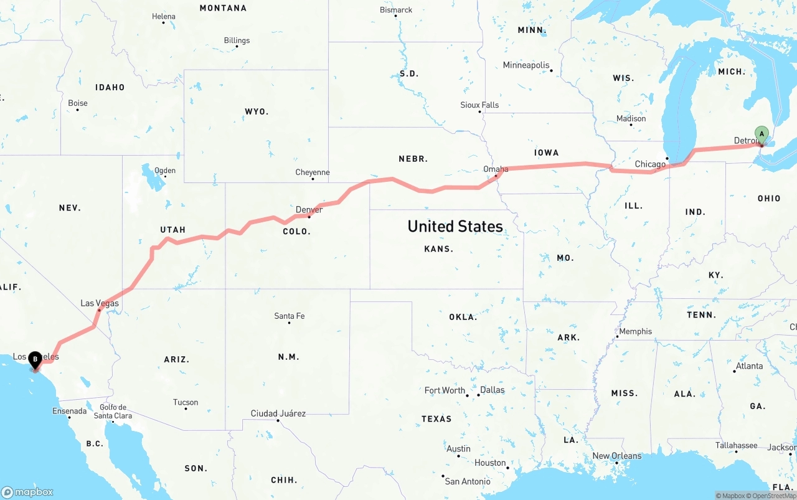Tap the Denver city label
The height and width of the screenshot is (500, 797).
[x=309, y=210]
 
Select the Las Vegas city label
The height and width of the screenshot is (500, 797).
[x=100, y=303]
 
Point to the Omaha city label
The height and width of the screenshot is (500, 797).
[x=496, y=169]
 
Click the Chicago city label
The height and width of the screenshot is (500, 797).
[x=650, y=164]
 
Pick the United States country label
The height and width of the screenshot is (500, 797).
[x=455, y=226]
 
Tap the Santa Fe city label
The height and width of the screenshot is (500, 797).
[x=290, y=316]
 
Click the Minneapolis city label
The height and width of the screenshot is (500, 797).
[x=526, y=65]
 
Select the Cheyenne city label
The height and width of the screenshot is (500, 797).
[x=313, y=172]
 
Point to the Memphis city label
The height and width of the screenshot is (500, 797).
[x=636, y=331]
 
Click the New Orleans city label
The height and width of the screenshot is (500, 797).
[x=616, y=456]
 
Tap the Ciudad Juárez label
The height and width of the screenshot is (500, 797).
[x=278, y=413]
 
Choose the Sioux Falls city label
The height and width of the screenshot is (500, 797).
[x=479, y=105]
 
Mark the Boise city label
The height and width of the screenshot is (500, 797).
[x=78, y=103]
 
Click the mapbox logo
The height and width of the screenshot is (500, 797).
[x=27, y=492]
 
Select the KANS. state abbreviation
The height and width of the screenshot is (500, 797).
[x=438, y=249]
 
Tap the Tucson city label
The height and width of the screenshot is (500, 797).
[x=186, y=402]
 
